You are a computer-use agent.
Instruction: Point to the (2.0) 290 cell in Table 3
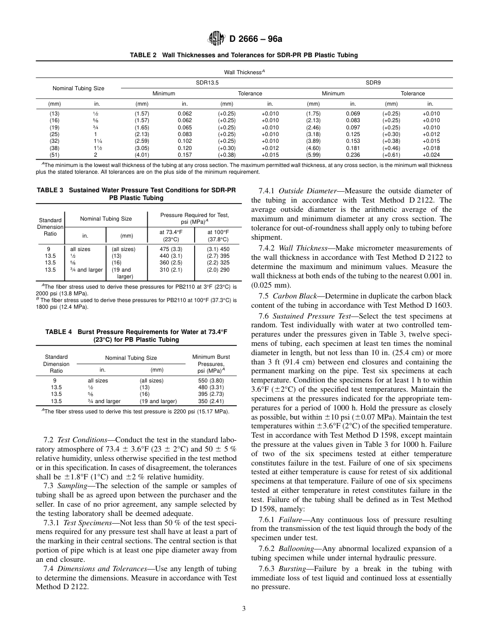click(x=218, y=269)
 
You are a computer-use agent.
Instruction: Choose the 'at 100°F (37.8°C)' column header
click(x=218, y=236)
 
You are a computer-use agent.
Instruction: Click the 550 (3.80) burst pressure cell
click(x=211, y=380)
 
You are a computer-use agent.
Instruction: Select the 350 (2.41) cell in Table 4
click(x=211, y=401)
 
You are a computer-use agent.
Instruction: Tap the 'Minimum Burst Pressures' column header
click(x=211, y=363)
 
